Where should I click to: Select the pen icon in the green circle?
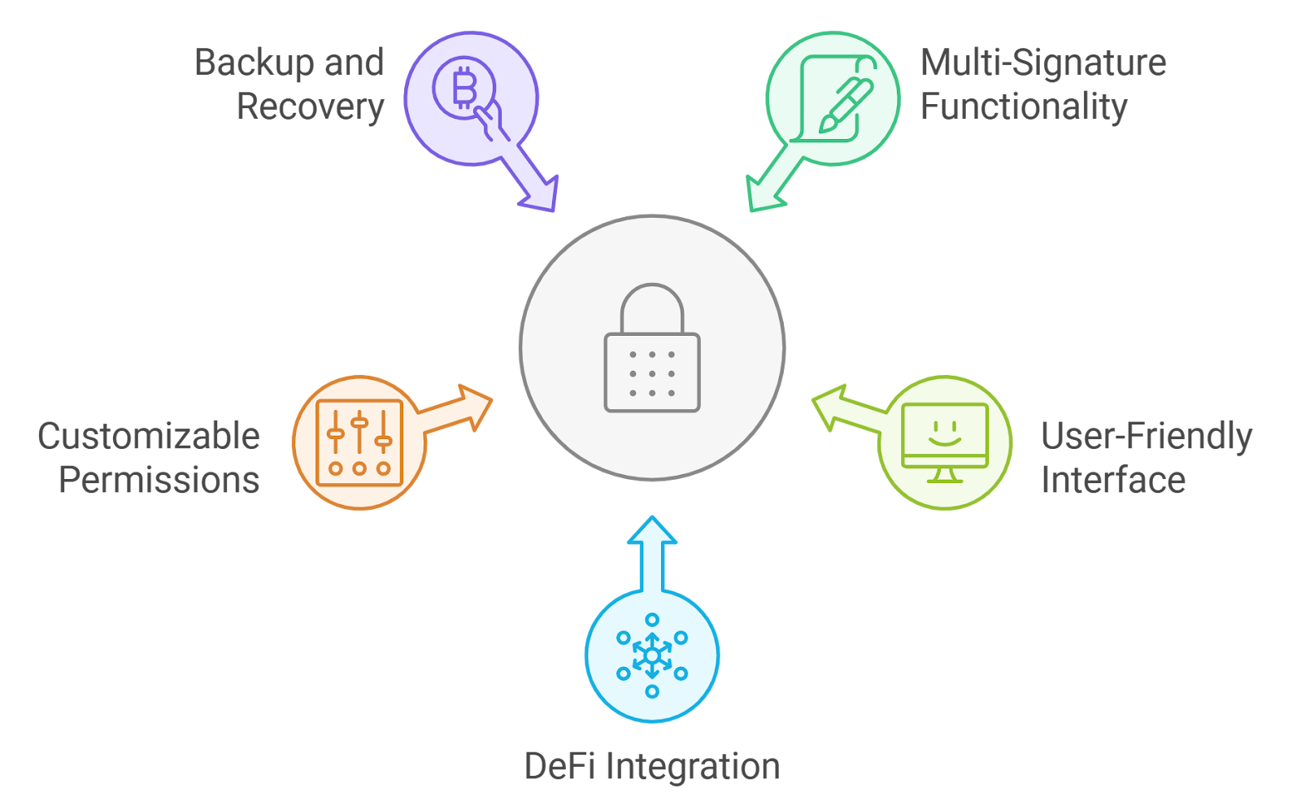(x=846, y=104)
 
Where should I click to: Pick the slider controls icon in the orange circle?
(x=359, y=442)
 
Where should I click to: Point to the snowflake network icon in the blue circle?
(x=652, y=655)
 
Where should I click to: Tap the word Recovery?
(x=310, y=107)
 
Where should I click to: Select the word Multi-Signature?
(x=1043, y=63)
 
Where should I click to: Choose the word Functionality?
(x=1024, y=107)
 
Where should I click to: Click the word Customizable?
(x=149, y=437)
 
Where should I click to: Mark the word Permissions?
(x=159, y=481)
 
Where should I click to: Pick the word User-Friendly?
(x=1147, y=437)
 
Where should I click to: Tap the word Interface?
(x=1113, y=481)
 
